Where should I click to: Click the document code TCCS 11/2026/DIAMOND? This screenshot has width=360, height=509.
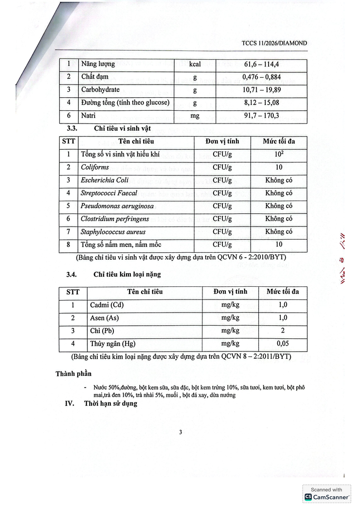(274, 43)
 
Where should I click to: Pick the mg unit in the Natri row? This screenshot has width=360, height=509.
(195, 116)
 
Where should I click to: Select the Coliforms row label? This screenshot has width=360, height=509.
(95, 167)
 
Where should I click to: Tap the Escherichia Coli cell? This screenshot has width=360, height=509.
(105, 180)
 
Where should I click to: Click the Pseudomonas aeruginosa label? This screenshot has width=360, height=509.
(117, 206)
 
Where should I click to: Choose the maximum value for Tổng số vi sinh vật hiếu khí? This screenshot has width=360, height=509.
(279, 155)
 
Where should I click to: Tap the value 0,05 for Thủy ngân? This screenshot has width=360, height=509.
(283, 344)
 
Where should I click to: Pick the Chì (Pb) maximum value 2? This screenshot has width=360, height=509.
(283, 331)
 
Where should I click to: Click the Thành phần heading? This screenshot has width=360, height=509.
(73, 374)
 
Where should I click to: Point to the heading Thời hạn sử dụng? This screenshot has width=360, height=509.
(110, 404)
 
